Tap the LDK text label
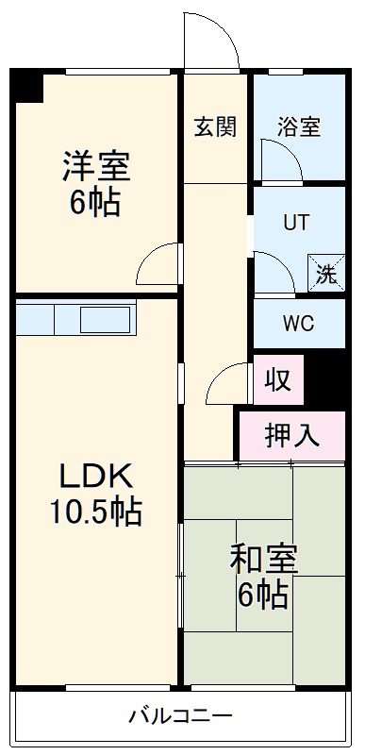[x=94, y=475]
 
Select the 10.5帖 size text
[x=95, y=512]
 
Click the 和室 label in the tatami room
[x=264, y=559]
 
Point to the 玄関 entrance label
[x=215, y=127]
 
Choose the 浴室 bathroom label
[x=298, y=127]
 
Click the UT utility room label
[x=296, y=224]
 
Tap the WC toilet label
[x=298, y=322]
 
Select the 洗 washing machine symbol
[x=325, y=275]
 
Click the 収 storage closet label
[x=277, y=381]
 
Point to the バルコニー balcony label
[x=180, y=715]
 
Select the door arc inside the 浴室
[x=280, y=162]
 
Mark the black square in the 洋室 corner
[x=28, y=87]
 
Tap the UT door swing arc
[x=274, y=272]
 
